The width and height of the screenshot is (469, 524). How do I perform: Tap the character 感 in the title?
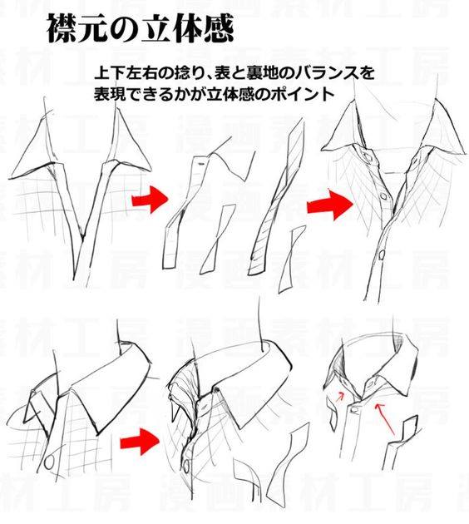pyautogui.click(x=218, y=27)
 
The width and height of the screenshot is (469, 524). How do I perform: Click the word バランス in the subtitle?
pyautogui.click(x=326, y=72)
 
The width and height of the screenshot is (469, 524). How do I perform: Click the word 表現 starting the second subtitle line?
pyautogui.click(x=110, y=94)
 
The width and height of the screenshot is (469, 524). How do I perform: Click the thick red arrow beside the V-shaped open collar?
pyautogui.click(x=150, y=200)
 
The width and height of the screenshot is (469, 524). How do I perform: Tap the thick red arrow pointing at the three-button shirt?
pyautogui.click(x=330, y=205)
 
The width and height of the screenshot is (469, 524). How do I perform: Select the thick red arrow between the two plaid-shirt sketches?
pyautogui.click(x=140, y=442)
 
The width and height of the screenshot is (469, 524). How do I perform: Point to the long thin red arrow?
pyautogui.click(x=385, y=420)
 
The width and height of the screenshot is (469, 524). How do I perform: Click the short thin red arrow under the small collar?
pyautogui.click(x=339, y=397)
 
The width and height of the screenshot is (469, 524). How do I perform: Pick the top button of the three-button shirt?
pyautogui.click(x=368, y=156)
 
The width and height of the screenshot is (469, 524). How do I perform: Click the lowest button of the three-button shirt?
pyautogui.click(x=382, y=255)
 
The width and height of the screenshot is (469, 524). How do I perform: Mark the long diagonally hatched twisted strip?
pyautogui.click(x=276, y=198)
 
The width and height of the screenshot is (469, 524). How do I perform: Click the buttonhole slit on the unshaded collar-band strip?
pyautogui.click(x=200, y=164)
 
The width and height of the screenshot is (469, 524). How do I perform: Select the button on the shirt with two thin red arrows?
pyautogui.click(x=355, y=410)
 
